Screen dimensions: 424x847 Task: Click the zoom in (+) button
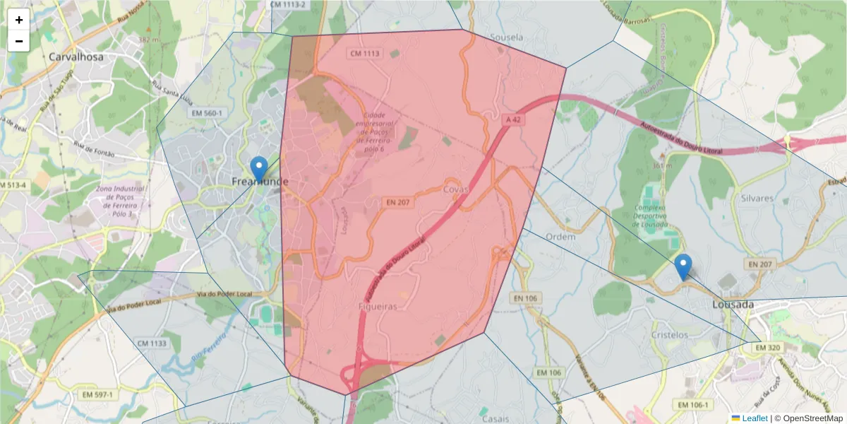pos(19,20)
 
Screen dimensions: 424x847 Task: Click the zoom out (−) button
pos(19,41)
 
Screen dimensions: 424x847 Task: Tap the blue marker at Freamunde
pos(260,169)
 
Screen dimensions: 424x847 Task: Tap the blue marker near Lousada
pos(683,266)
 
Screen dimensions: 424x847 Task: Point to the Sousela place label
pos(507,37)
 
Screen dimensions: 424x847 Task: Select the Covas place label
pos(456,190)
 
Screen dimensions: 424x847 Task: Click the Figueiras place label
pos(378,307)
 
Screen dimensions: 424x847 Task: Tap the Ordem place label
pos(561,237)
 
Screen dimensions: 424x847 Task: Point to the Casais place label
pos(495,418)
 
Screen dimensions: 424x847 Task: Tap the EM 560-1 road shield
pos(206,113)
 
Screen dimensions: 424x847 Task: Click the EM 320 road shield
pos(768,348)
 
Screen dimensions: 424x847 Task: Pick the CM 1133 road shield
pos(152,343)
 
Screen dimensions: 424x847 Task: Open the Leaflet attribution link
pos(752,418)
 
